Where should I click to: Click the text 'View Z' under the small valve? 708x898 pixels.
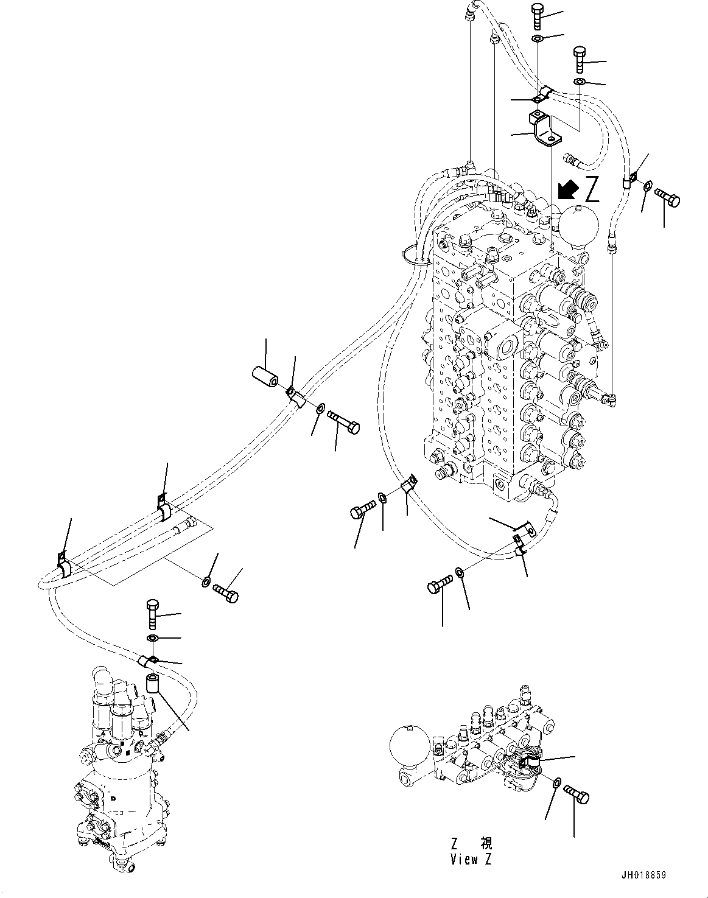coord(471,860)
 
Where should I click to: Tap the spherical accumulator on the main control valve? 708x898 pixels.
coord(580,225)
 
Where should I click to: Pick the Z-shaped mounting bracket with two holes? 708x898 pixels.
coord(544,128)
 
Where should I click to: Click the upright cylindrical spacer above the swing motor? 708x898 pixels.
coord(152,683)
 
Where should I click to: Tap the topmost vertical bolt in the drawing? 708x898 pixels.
coord(538,16)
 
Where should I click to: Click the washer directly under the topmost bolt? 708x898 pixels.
coord(538,39)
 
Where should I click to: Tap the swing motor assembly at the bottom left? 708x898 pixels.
coord(122,767)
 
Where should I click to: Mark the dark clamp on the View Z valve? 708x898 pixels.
coord(535,762)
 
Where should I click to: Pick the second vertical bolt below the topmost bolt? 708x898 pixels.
coord(580,60)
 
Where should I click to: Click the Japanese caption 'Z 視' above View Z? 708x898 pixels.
coord(471,843)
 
